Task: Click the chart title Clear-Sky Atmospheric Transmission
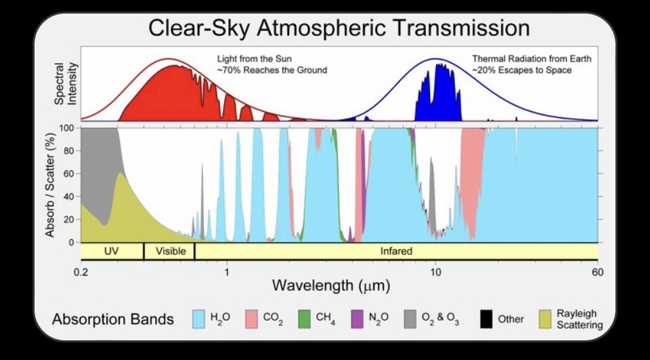339,28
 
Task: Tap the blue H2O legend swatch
199,319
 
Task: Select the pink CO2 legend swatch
252,319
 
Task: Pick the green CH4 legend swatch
305,319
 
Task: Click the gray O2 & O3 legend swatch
410,319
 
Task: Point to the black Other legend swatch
485,319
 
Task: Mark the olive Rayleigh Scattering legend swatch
544,319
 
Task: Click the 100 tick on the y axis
68,128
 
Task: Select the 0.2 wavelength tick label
81,272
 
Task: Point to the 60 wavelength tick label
597,272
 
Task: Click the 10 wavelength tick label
435,272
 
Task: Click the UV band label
112,251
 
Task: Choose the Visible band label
170,251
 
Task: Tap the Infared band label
396,251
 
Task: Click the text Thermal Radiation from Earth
532,59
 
